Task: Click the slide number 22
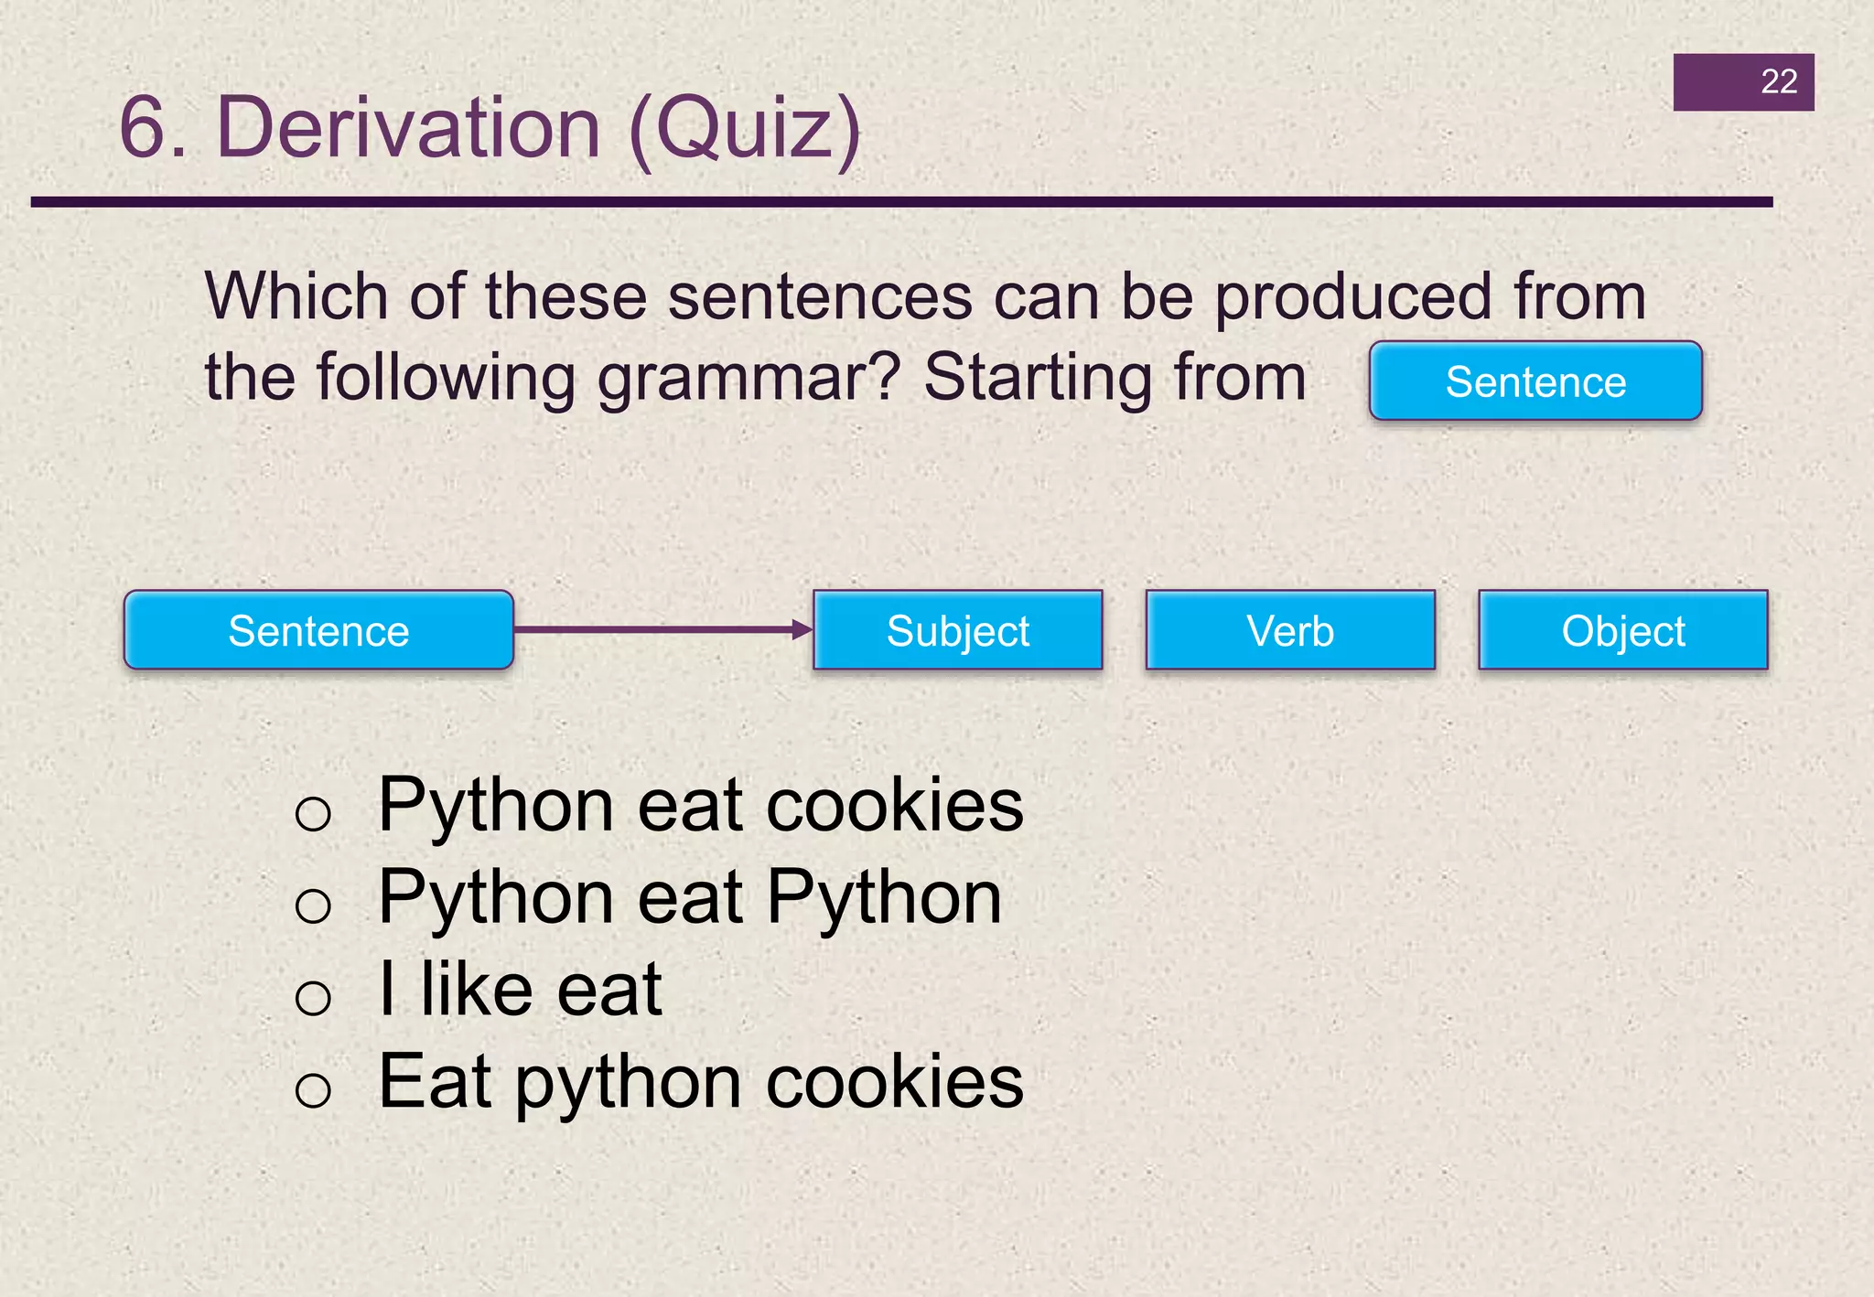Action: point(1778,82)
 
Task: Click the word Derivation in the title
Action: point(408,127)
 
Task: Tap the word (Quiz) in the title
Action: point(745,129)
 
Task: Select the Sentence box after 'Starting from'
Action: point(1535,381)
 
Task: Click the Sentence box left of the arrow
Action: point(318,631)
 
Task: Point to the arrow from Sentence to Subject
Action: point(662,629)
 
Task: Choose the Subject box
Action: point(957,631)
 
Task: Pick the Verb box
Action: point(1290,631)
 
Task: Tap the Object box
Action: point(1623,631)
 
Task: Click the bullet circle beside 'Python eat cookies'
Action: point(313,813)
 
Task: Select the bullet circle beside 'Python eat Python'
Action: point(313,906)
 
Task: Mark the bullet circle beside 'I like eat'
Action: point(313,997)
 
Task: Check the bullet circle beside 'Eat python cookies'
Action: point(313,1089)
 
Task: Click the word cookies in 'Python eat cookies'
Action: point(894,806)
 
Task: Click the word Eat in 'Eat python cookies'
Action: point(436,1082)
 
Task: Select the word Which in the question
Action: point(296,296)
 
